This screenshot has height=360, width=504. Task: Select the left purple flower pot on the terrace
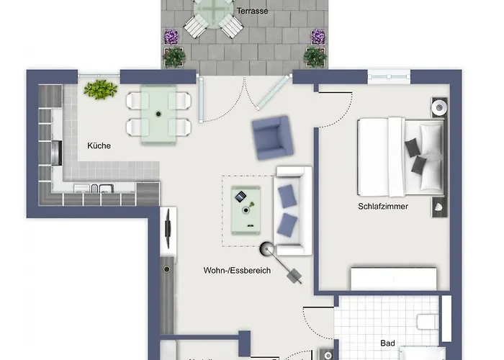tap(171, 37)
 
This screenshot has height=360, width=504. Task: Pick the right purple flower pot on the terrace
tap(318, 37)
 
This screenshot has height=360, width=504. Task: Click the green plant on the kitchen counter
tap(100, 89)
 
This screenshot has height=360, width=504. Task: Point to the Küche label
tap(99, 145)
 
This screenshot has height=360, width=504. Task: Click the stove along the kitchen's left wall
tap(57, 152)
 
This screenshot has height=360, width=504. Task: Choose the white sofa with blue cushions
tap(292, 210)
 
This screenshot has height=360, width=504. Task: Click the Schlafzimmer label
tap(383, 207)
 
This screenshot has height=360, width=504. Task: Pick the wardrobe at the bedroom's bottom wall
tap(393, 278)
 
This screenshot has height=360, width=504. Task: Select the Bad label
tap(388, 343)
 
